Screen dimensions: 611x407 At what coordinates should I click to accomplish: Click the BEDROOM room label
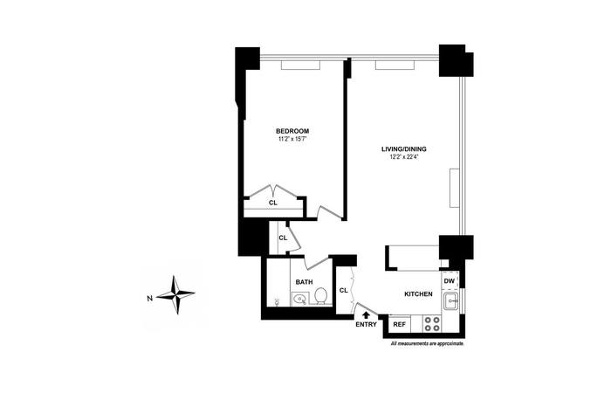[292, 131]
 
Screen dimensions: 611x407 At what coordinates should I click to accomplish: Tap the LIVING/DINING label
[403, 149]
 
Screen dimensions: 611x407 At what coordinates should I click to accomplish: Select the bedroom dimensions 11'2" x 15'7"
[292, 138]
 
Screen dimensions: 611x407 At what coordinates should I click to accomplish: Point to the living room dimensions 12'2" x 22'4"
[403, 156]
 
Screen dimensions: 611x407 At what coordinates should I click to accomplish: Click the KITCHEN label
[418, 294]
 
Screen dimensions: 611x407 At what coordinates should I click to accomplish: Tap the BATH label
[304, 282]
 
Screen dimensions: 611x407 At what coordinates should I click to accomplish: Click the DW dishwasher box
[450, 280]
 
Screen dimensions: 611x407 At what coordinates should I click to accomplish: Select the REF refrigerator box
[400, 324]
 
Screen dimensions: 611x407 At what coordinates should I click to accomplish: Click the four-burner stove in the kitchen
[432, 324]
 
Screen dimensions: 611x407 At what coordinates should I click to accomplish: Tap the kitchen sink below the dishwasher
[451, 301]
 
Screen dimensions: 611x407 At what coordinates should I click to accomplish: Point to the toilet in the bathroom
[321, 296]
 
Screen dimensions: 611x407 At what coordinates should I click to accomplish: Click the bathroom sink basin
[299, 300]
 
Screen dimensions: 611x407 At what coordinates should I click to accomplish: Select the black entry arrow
[366, 314]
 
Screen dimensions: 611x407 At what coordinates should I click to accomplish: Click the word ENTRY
[366, 324]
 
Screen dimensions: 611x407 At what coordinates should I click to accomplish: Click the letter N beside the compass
[149, 299]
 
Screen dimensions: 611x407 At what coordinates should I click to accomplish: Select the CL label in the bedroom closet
[273, 203]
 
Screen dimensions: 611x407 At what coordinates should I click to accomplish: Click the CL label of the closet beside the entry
[343, 290]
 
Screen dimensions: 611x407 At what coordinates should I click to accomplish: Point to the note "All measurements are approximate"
[428, 344]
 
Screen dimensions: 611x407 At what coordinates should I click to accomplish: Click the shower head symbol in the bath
[277, 301]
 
